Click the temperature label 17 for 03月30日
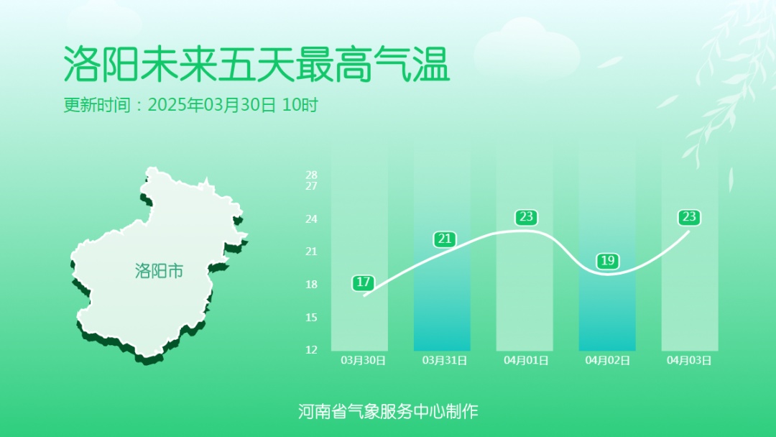click(363, 282)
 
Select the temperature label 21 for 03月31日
click(445, 239)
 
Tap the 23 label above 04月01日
click(527, 217)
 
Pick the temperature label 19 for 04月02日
click(608, 260)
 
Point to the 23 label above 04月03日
click(690, 217)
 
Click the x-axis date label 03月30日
click(363, 360)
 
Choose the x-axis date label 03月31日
click(445, 360)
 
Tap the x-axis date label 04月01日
click(527, 360)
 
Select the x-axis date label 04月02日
click(608, 360)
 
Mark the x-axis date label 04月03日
click(690, 360)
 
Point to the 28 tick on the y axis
click(311, 175)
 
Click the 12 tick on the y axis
click(311, 350)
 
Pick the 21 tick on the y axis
click(311, 252)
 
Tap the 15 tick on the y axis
click(311, 317)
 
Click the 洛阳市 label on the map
click(159, 271)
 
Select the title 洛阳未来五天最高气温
click(257, 65)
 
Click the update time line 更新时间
click(190, 105)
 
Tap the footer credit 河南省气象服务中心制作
click(388, 411)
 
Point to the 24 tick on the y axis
click(311, 218)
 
